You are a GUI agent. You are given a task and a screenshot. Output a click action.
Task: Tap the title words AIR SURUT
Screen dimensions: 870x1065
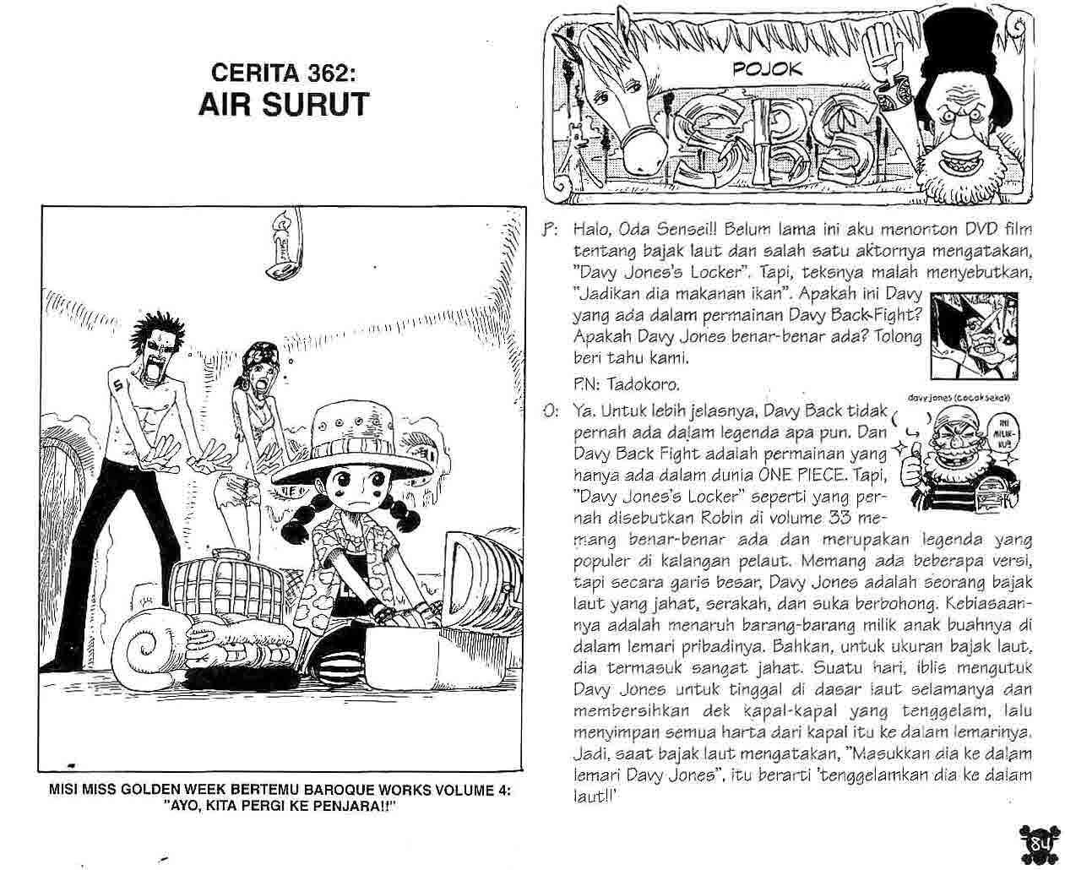284,104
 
